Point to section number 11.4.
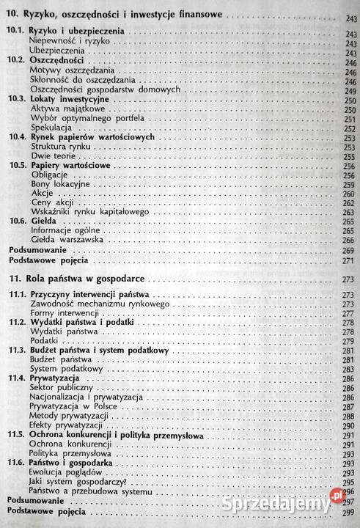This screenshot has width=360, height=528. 17,378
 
